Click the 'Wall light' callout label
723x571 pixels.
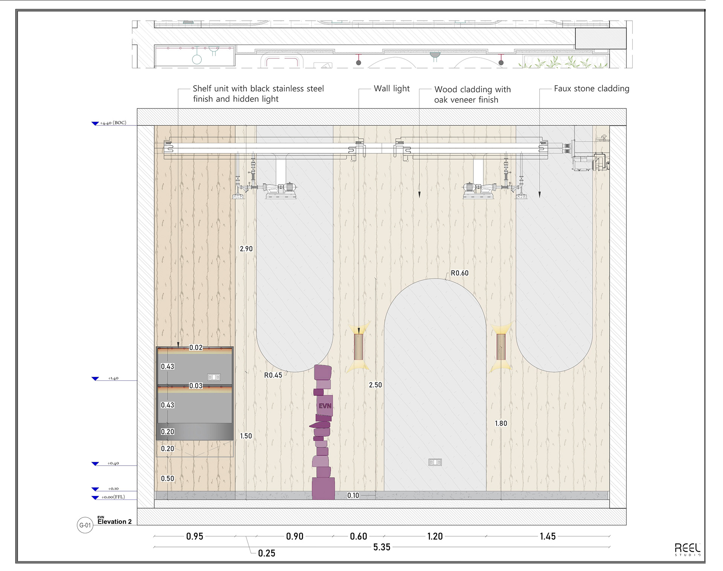point(392,89)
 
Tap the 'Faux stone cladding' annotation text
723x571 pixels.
point(592,89)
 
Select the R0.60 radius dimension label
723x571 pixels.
point(459,273)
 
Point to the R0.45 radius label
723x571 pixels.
point(273,375)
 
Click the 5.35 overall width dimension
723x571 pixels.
point(382,547)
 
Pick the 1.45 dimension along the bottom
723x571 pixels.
point(548,536)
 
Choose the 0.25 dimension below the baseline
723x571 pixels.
point(267,553)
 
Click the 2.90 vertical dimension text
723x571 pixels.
point(246,249)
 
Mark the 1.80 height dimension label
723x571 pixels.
point(501,423)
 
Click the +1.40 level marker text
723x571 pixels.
point(113,378)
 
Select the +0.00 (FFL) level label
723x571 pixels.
point(113,497)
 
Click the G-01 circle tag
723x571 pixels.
point(85,525)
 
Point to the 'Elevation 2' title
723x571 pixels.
point(114,522)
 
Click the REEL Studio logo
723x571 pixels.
point(687,550)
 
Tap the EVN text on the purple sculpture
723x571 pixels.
point(325,406)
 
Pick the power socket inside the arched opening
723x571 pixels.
point(435,462)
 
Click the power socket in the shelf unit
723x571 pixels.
point(214,377)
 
